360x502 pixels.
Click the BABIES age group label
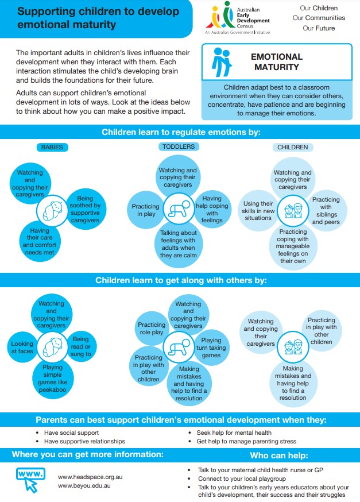coord(52,147)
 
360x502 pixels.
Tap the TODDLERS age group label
coord(179,146)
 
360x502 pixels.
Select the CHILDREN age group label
coord(292,147)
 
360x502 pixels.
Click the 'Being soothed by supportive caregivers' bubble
coord(85,209)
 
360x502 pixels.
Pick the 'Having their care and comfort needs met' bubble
coord(40,241)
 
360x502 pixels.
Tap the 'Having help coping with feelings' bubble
coord(212,209)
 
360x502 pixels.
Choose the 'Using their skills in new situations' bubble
coord(258,210)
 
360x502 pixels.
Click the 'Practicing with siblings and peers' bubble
coord(326,210)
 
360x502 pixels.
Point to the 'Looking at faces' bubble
coord(22,347)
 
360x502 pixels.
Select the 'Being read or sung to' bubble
coord(81,346)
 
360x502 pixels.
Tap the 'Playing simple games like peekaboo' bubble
coord(52,379)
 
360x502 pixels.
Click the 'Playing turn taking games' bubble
coord(211,347)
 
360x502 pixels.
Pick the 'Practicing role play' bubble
coord(152,328)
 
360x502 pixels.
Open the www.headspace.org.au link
coord(90,477)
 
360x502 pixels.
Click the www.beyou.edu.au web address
coord(84,486)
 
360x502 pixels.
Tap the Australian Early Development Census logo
coord(238,18)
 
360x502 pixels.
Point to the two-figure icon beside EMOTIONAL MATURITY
coord(222,62)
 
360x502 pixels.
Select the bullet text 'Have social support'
coord(71,433)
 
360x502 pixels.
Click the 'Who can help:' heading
coord(279,455)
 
